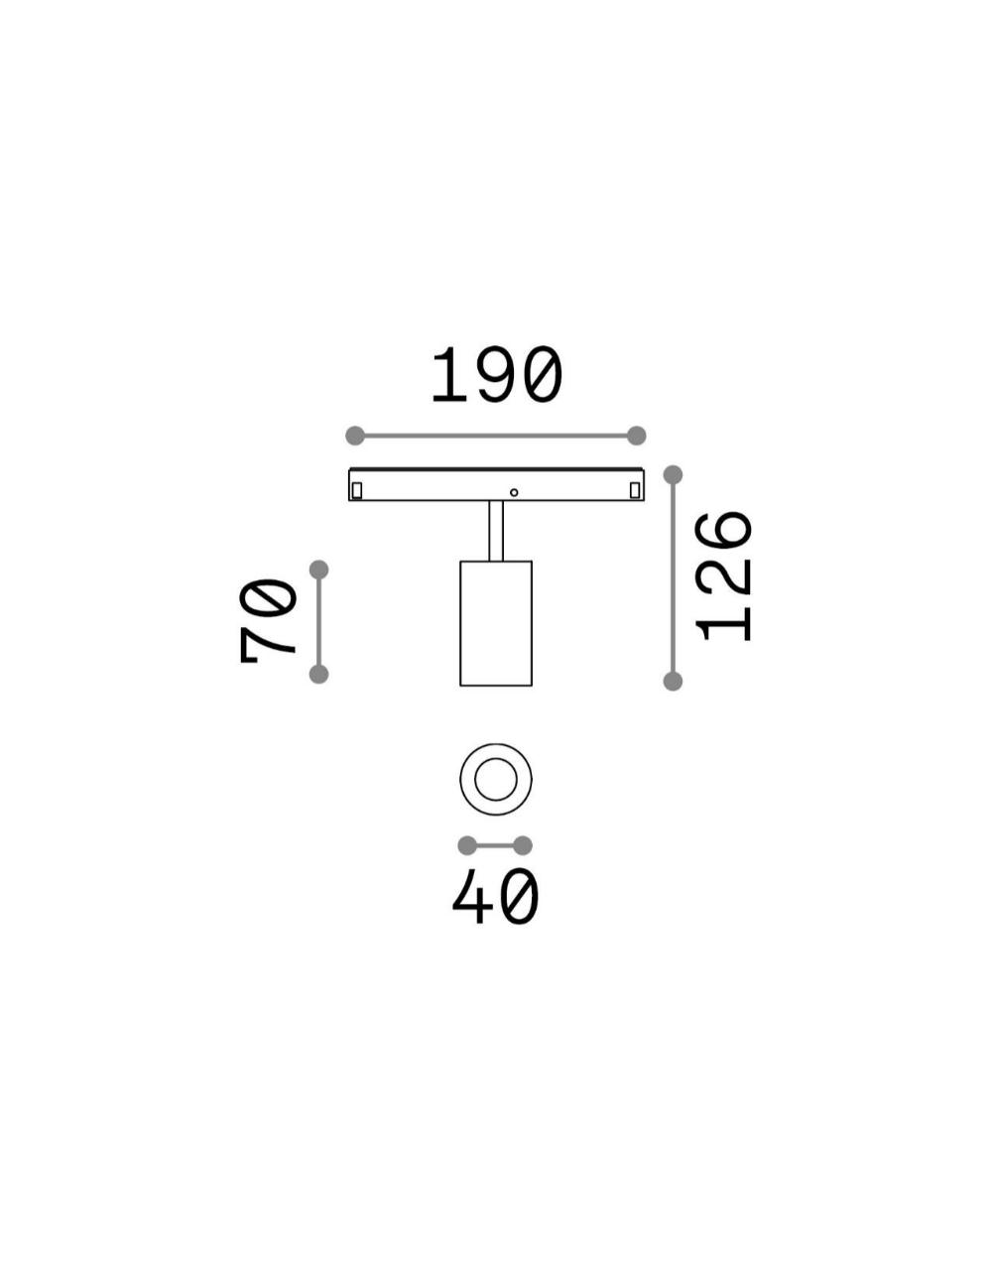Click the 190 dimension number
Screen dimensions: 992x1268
[496, 375]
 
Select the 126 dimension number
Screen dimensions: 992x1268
[723, 576]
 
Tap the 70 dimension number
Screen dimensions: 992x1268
[268, 621]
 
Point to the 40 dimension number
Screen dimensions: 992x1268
[495, 903]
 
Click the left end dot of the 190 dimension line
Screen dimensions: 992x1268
[355, 436]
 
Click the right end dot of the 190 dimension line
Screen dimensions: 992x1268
[636, 436]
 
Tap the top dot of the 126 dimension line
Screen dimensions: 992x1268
[673, 475]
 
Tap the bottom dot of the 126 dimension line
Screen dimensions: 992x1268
[673, 681]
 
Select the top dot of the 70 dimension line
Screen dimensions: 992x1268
[319, 570]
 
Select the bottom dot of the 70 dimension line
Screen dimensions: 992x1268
[319, 675]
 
